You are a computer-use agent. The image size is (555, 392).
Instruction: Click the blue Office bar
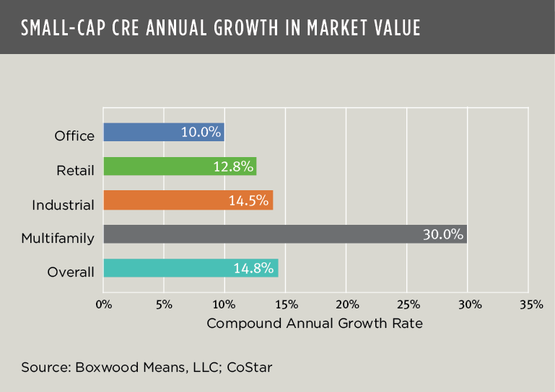144,133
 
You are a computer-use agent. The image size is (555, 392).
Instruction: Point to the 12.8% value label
233,166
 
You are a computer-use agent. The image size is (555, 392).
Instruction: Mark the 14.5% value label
249,200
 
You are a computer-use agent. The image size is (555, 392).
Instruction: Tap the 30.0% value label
442,234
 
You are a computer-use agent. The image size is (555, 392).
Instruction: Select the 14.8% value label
253,268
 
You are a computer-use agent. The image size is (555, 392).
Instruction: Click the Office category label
74,135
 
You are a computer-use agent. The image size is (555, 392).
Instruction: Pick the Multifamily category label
58,238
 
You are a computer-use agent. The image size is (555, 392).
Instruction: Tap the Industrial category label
64,205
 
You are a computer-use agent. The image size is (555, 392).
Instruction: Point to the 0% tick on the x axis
104,304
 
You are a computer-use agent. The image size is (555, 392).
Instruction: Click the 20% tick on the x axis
346,304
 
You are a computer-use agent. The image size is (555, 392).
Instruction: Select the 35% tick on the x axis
530,304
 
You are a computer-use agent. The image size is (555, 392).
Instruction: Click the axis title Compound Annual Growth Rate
315,324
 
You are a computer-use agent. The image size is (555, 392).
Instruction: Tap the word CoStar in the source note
250,367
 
